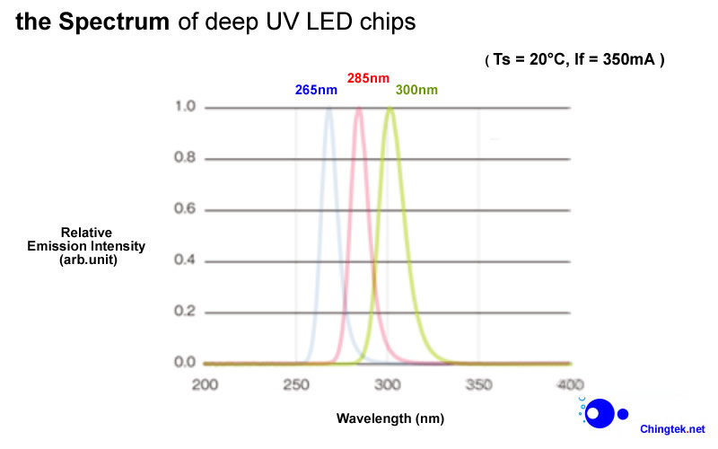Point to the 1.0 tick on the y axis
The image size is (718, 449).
[186, 107]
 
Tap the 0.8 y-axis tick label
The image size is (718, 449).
[186, 158]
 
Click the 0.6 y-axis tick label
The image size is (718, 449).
[186, 209]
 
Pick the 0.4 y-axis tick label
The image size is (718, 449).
[186, 260]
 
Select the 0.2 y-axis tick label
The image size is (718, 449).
[186, 312]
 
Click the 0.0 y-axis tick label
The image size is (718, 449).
[186, 362]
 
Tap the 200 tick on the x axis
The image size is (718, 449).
[206, 384]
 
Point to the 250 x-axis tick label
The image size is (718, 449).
[295, 384]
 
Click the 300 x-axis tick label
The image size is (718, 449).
[387, 384]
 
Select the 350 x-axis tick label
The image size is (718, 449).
[478, 384]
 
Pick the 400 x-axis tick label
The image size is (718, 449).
[570, 384]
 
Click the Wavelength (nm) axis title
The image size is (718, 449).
[390, 418]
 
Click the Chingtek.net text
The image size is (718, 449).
[672, 429]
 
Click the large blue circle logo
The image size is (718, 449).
[601, 413]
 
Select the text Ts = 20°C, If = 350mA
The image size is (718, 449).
[574, 60]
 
